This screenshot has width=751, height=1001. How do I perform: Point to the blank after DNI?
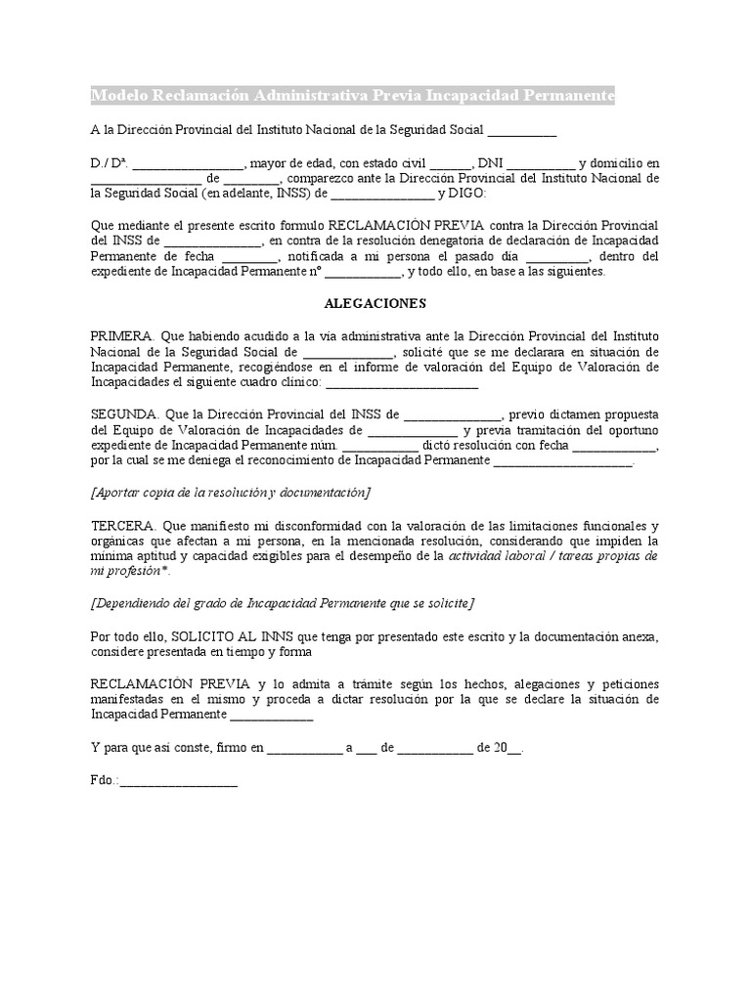pyautogui.click(x=541, y=163)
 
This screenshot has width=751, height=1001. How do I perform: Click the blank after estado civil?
pyautogui.click(x=450, y=163)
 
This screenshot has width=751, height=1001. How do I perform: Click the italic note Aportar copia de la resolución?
pyautogui.click(x=231, y=492)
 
